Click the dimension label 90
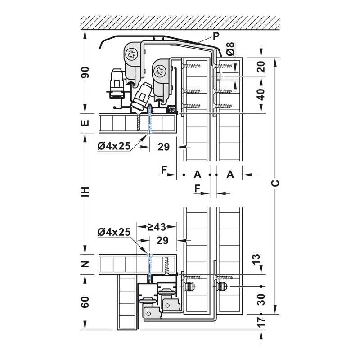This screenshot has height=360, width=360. [85, 72]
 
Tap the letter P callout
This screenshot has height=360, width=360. [216, 36]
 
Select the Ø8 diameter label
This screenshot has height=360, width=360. [230, 49]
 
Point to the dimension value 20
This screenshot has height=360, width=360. [261, 67]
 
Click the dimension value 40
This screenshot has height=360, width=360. [261, 94]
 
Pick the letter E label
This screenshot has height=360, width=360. [85, 123]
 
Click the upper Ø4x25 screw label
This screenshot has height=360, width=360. [114, 146]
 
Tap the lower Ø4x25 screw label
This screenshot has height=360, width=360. [114, 232]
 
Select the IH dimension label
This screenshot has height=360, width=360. [85, 192]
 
